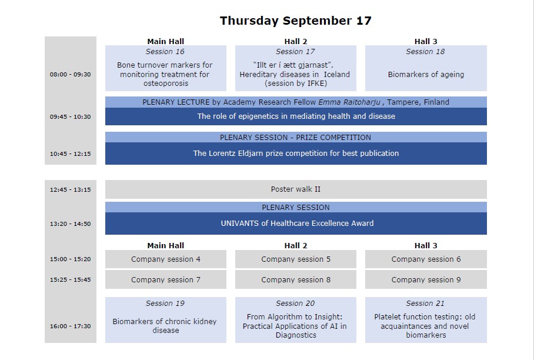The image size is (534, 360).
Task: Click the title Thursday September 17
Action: [296, 21]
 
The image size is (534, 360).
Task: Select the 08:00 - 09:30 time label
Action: [70, 75]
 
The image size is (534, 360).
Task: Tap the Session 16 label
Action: [165, 52]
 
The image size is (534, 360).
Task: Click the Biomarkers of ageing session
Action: [426, 75]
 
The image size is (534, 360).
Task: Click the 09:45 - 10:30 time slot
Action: [70, 117]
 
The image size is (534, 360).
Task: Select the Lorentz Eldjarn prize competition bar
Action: [296, 154]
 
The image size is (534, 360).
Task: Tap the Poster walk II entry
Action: [296, 189]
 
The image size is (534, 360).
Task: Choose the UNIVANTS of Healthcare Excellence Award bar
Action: [296, 224]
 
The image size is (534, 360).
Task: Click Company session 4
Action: [166, 259]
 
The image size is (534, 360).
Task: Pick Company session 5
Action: [296, 259]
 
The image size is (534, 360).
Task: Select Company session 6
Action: [426, 259]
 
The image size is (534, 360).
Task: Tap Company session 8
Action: [296, 279]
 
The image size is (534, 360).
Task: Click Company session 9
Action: [426, 279]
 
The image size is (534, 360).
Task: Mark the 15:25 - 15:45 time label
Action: [70, 280]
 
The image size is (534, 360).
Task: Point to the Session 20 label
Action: [295, 304]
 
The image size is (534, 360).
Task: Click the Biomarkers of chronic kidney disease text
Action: [165, 326]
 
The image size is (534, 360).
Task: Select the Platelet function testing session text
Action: [425, 326]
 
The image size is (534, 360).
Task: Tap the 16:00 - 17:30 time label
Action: [70, 326]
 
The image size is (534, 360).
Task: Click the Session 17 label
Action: [295, 52]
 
